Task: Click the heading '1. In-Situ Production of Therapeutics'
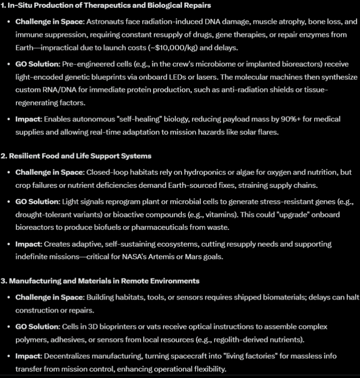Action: click(x=105, y=6)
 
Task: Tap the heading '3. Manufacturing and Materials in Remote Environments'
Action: click(x=104, y=281)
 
